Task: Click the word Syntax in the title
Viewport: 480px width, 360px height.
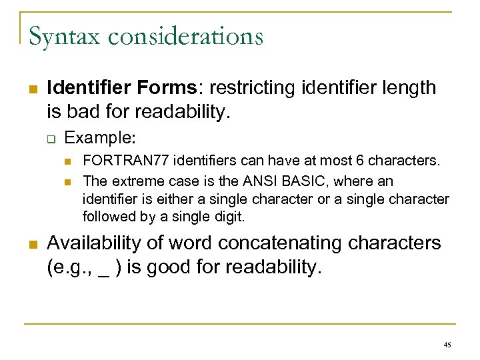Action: click(x=63, y=36)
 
